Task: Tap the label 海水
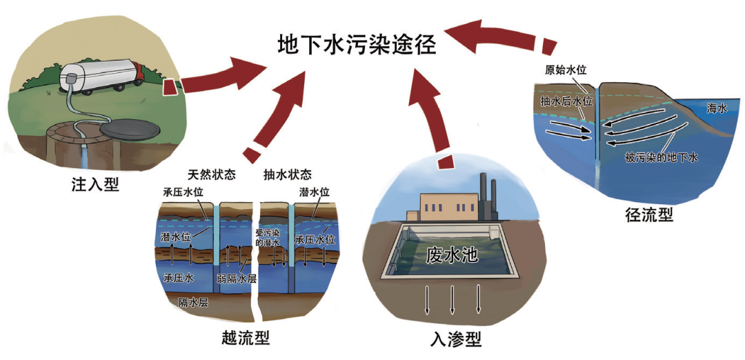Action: pyautogui.click(x=717, y=108)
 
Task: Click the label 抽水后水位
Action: pyautogui.click(x=566, y=101)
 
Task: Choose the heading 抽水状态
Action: pyautogui.click(x=288, y=174)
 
